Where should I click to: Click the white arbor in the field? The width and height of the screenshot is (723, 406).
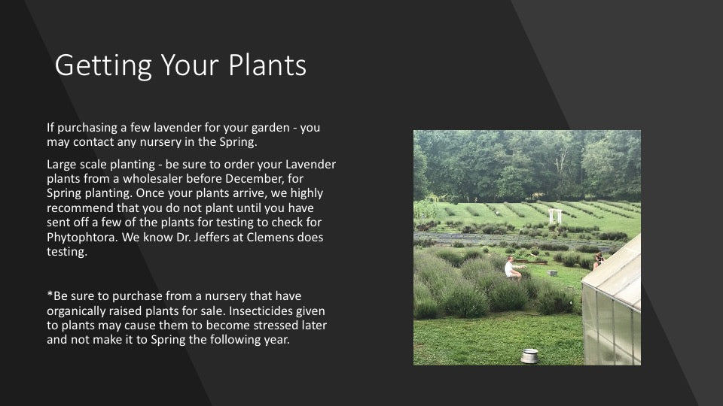pos(555,215)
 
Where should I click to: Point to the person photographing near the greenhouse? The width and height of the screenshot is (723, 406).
pos(599,261)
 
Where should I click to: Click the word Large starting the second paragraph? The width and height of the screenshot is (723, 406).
pos(62,164)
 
